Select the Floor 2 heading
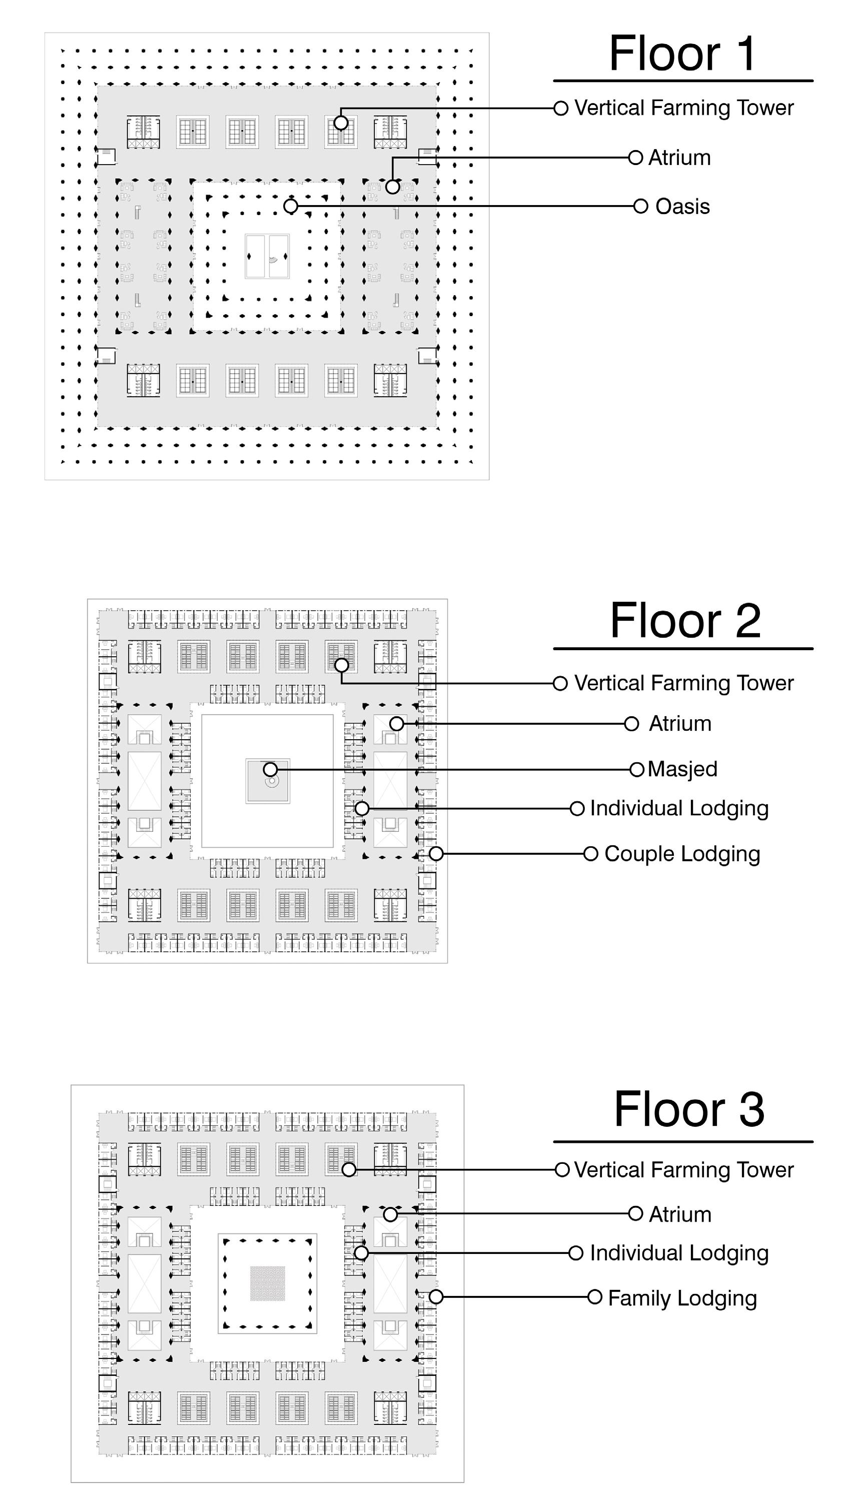coord(685,621)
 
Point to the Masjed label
coord(682,769)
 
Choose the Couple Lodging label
coord(682,854)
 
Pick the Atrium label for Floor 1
coord(679,158)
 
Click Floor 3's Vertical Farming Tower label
coord(684,1170)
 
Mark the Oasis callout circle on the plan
coord(291,206)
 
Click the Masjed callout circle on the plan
coord(270,769)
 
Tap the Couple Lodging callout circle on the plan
coord(436,854)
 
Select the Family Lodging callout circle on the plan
coord(436,1297)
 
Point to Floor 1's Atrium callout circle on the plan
coord(392,187)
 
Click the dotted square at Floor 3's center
coord(268,1283)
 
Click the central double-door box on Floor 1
coord(267,257)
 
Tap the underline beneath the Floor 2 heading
coord(683,649)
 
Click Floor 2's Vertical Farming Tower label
coord(684,683)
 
